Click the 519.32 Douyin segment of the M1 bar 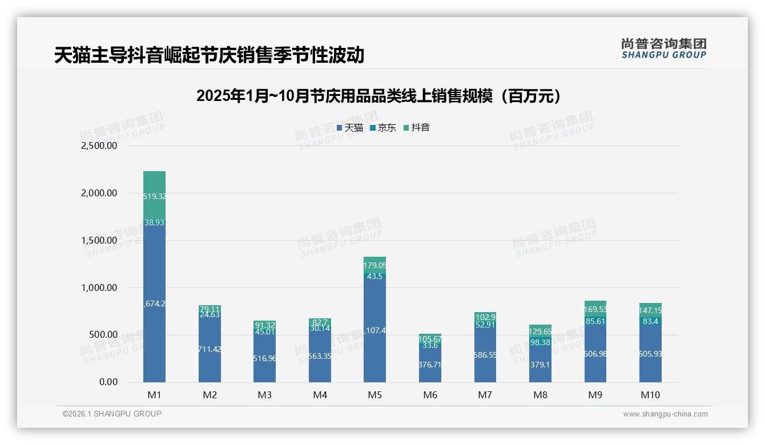pyautogui.click(x=154, y=196)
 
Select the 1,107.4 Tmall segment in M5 pyautogui.click(x=375, y=330)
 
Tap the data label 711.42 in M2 pyautogui.click(x=210, y=349)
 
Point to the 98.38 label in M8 pyautogui.click(x=541, y=342)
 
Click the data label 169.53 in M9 pyautogui.click(x=595, y=310)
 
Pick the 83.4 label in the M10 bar pyautogui.click(x=650, y=322)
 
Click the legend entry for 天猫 pyautogui.click(x=350, y=128)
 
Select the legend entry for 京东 pyautogui.click(x=383, y=128)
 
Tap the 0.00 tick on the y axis pyautogui.click(x=108, y=382)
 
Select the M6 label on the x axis pyautogui.click(x=430, y=395)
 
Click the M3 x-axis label pyautogui.click(x=264, y=395)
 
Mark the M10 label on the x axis pyautogui.click(x=650, y=395)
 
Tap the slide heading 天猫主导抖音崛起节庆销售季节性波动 pyautogui.click(x=209, y=55)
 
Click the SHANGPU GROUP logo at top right pyautogui.click(x=663, y=48)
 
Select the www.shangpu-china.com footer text pyautogui.click(x=665, y=414)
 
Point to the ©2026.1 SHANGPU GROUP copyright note pyautogui.click(x=112, y=414)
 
